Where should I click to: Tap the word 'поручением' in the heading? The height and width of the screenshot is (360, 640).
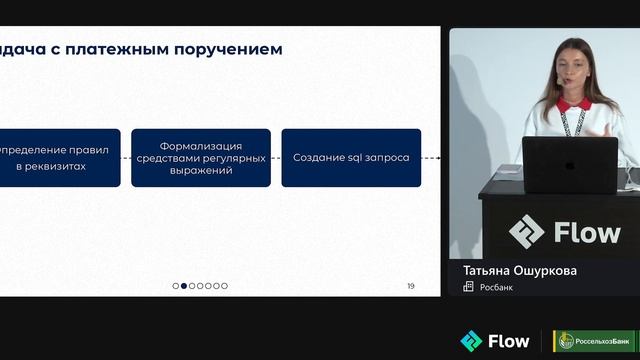232,48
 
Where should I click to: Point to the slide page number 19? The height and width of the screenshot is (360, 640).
410,286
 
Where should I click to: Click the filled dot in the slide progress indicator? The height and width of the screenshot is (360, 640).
184,286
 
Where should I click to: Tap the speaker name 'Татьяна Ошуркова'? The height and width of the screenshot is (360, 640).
520,270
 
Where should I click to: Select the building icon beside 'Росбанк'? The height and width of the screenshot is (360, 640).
468,287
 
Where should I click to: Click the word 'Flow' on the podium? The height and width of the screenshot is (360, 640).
587,233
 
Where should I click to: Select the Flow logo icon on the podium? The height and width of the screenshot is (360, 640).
526,232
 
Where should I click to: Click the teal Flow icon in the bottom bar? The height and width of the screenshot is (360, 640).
470,341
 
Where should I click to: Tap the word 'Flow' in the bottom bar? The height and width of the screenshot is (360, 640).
508,341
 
